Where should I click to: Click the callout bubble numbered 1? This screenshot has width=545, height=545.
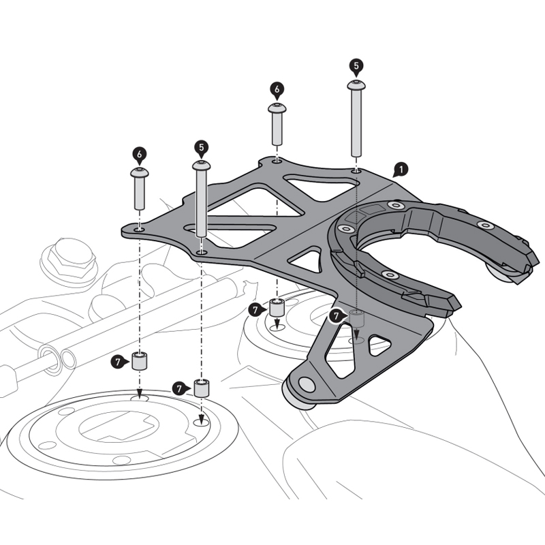(401, 168)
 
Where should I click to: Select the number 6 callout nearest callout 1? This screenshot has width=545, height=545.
(277, 89)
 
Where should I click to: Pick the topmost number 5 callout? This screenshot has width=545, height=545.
(356, 65)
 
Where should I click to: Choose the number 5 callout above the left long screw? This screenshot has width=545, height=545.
(200, 146)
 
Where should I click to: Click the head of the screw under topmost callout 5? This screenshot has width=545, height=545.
(356, 84)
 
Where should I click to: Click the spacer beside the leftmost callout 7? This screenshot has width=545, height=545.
(140, 361)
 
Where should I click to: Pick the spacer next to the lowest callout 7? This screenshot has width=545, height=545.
(202, 388)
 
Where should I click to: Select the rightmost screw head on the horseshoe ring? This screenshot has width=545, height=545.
(484, 225)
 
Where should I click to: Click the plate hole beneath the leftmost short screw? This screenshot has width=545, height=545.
(139, 230)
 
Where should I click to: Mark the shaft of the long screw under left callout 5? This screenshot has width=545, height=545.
(201, 204)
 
